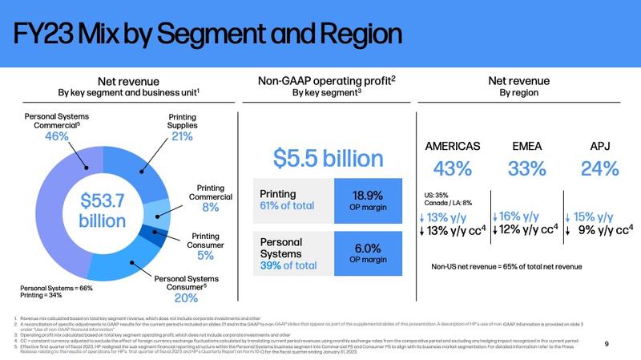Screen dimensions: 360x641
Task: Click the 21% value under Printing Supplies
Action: tap(182, 136)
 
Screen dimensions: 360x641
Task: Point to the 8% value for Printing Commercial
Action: tap(210, 207)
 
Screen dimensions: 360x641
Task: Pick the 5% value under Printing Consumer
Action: tap(206, 256)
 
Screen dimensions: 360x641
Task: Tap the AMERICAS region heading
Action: tap(452, 146)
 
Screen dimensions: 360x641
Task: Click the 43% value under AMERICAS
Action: tap(452, 169)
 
